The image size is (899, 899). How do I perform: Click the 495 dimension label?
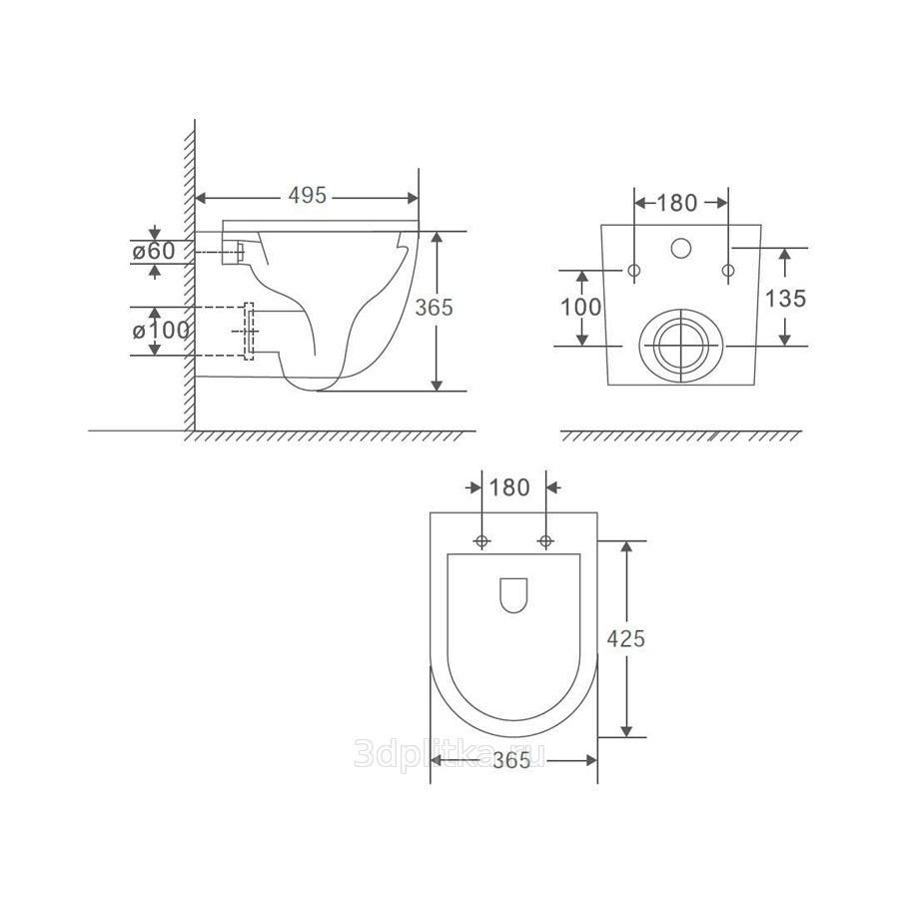pos(308,196)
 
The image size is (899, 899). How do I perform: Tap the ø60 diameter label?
pos(154,251)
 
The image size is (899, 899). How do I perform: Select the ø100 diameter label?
pos(161,331)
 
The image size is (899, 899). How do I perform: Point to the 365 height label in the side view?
pos(435,308)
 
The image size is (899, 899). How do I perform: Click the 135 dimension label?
pos(785,299)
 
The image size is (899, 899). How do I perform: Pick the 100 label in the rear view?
pos(580,308)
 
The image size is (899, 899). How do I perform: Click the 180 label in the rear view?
pos(676,203)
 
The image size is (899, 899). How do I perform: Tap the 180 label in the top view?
pos(509,487)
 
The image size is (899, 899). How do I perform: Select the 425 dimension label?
pos(626,638)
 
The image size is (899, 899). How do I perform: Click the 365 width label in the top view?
pos(511,761)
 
